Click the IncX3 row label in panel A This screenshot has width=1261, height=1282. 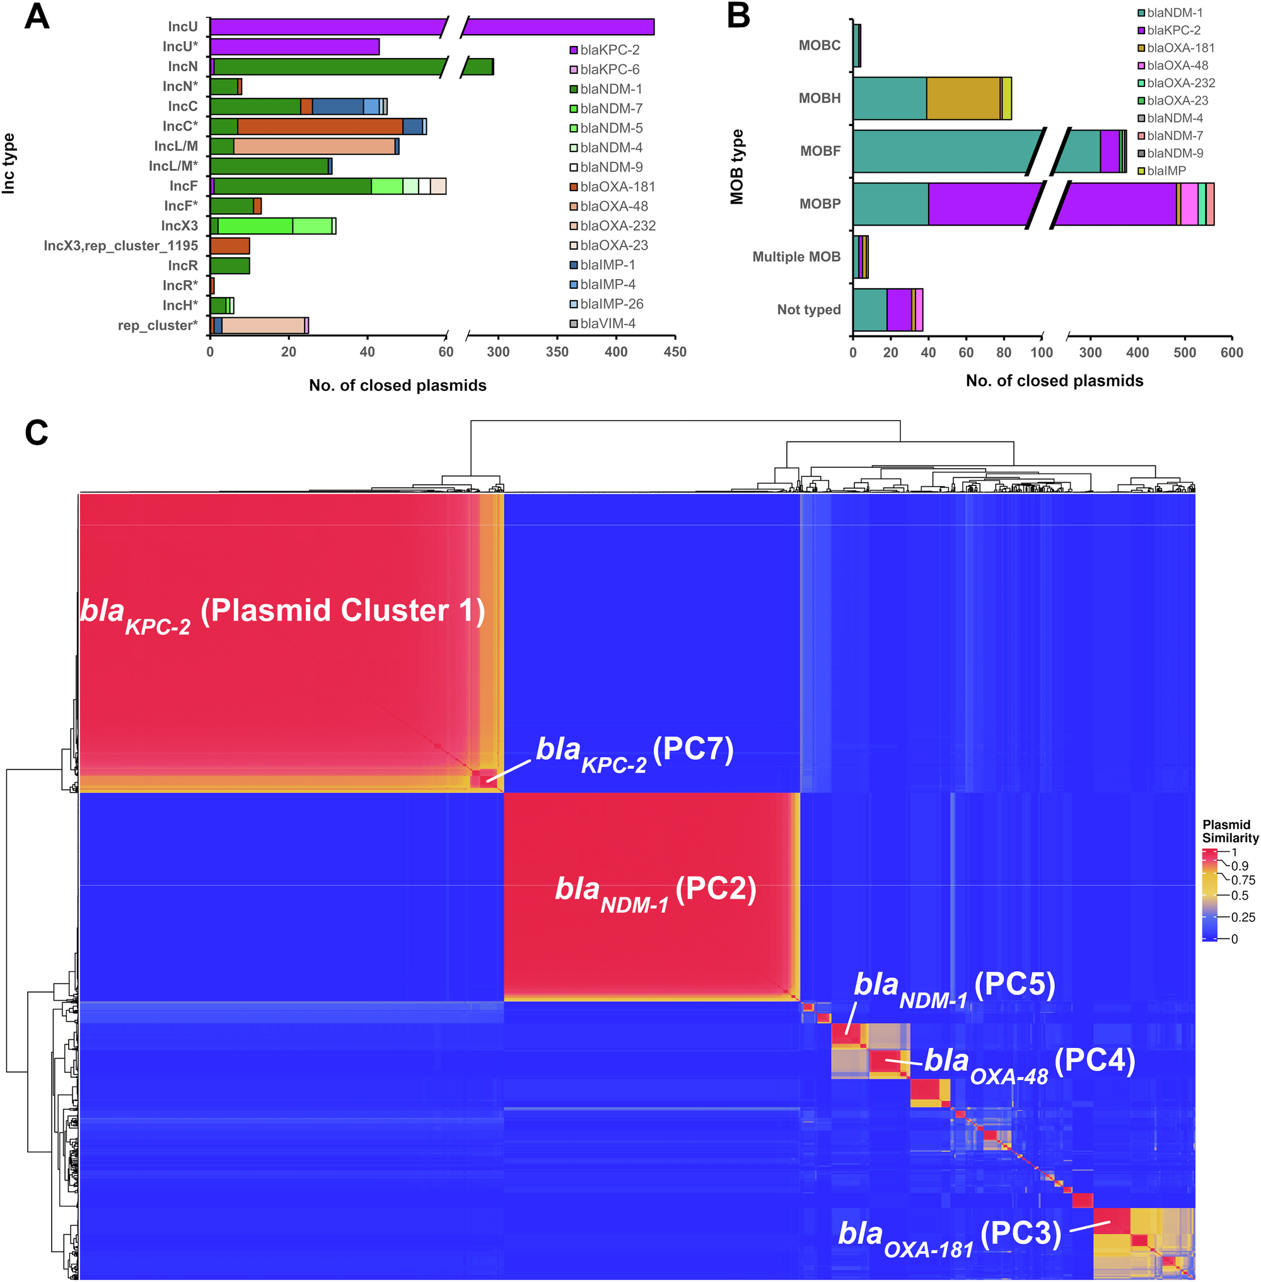[179, 226]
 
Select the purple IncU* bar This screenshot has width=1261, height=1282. [294, 47]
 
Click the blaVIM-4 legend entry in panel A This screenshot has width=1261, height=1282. [607, 323]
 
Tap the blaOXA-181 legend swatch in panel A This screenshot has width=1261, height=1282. [574, 187]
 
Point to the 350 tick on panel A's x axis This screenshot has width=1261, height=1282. [557, 352]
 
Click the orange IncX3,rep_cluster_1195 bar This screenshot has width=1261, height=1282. [230, 246]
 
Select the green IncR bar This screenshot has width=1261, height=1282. [230, 265]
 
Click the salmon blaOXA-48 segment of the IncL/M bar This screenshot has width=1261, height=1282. [314, 146]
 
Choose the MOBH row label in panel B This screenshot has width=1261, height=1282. [819, 98]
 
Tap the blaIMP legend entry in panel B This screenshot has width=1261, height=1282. [1166, 171]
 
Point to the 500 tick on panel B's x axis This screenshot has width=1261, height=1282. [1185, 353]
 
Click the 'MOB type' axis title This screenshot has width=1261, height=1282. [736, 167]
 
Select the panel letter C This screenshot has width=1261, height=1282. [37, 433]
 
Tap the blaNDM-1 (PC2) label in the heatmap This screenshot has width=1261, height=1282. [656, 891]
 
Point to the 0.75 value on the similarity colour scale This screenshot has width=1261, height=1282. [1243, 880]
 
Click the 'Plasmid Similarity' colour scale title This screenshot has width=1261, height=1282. [1230, 831]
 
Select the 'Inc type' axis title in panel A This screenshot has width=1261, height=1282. [9, 163]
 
